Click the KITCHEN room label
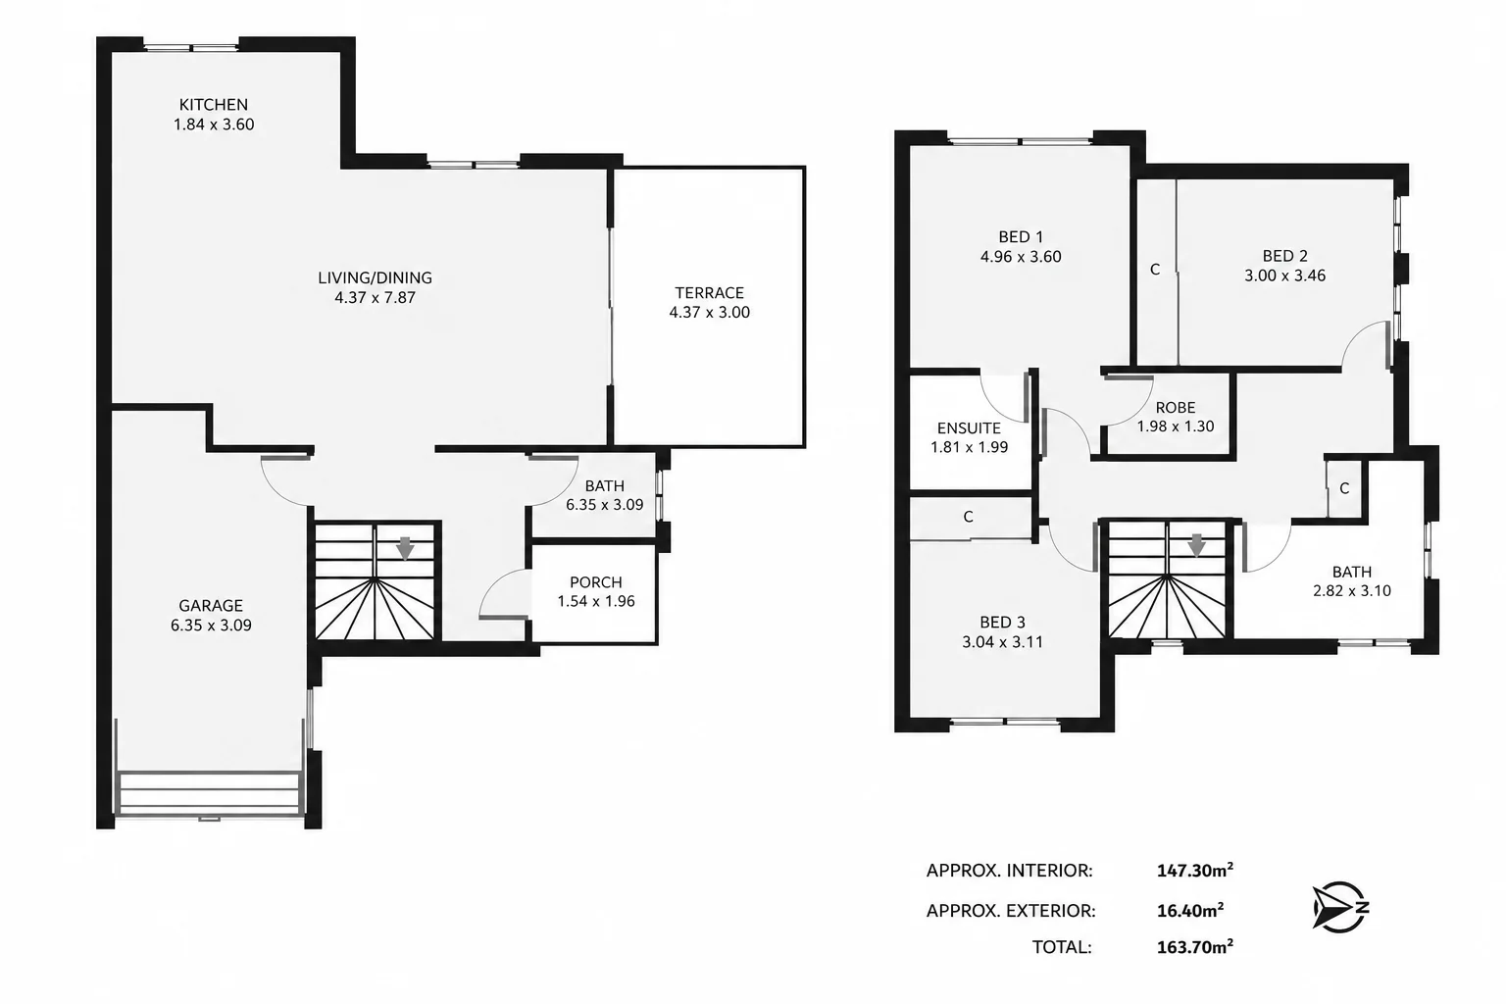pyautogui.click(x=213, y=104)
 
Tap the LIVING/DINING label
pyautogui.click(x=375, y=277)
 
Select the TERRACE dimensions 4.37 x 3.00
pyautogui.click(x=709, y=312)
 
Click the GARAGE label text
pyautogui.click(x=211, y=605)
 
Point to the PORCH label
pyautogui.click(x=596, y=581)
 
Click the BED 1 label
pyautogui.click(x=1021, y=236)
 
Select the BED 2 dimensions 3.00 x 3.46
pyautogui.click(x=1284, y=276)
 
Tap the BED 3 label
pyautogui.click(x=1002, y=622)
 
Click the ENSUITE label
pyautogui.click(x=969, y=427)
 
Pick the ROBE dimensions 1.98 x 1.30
pyautogui.click(x=1176, y=427)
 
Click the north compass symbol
pyautogui.click(x=1340, y=907)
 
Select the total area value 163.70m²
pyautogui.click(x=1195, y=946)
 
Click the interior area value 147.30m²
pyautogui.click(x=1195, y=871)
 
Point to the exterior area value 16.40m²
pyautogui.click(x=1190, y=910)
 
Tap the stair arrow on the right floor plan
pyautogui.click(x=1197, y=545)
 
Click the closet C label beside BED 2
pyautogui.click(x=1155, y=270)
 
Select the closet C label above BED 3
pyautogui.click(x=968, y=517)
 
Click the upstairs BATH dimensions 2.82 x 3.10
pyautogui.click(x=1352, y=590)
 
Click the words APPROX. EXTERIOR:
pyautogui.click(x=1011, y=911)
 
